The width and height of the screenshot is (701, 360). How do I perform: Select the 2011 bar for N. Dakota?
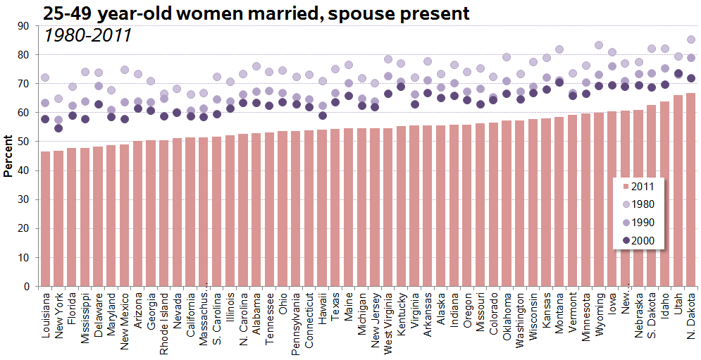coord(690,190)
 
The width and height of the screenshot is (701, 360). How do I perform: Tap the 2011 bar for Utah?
coord(678,191)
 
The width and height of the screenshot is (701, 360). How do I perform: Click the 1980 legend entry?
coord(638,204)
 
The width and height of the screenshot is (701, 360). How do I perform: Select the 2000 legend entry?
coord(638,241)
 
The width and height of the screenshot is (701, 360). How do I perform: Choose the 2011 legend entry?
coord(638,186)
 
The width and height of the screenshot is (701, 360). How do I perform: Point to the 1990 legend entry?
coord(638,223)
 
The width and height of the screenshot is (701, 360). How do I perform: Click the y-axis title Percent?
coord(8,156)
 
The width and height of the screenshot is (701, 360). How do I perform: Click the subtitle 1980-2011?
coord(87,35)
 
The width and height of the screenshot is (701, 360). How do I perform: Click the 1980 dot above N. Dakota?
coord(691,39)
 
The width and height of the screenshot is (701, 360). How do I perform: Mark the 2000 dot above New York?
coord(58,128)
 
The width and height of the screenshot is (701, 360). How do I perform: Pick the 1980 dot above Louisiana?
coord(45,77)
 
